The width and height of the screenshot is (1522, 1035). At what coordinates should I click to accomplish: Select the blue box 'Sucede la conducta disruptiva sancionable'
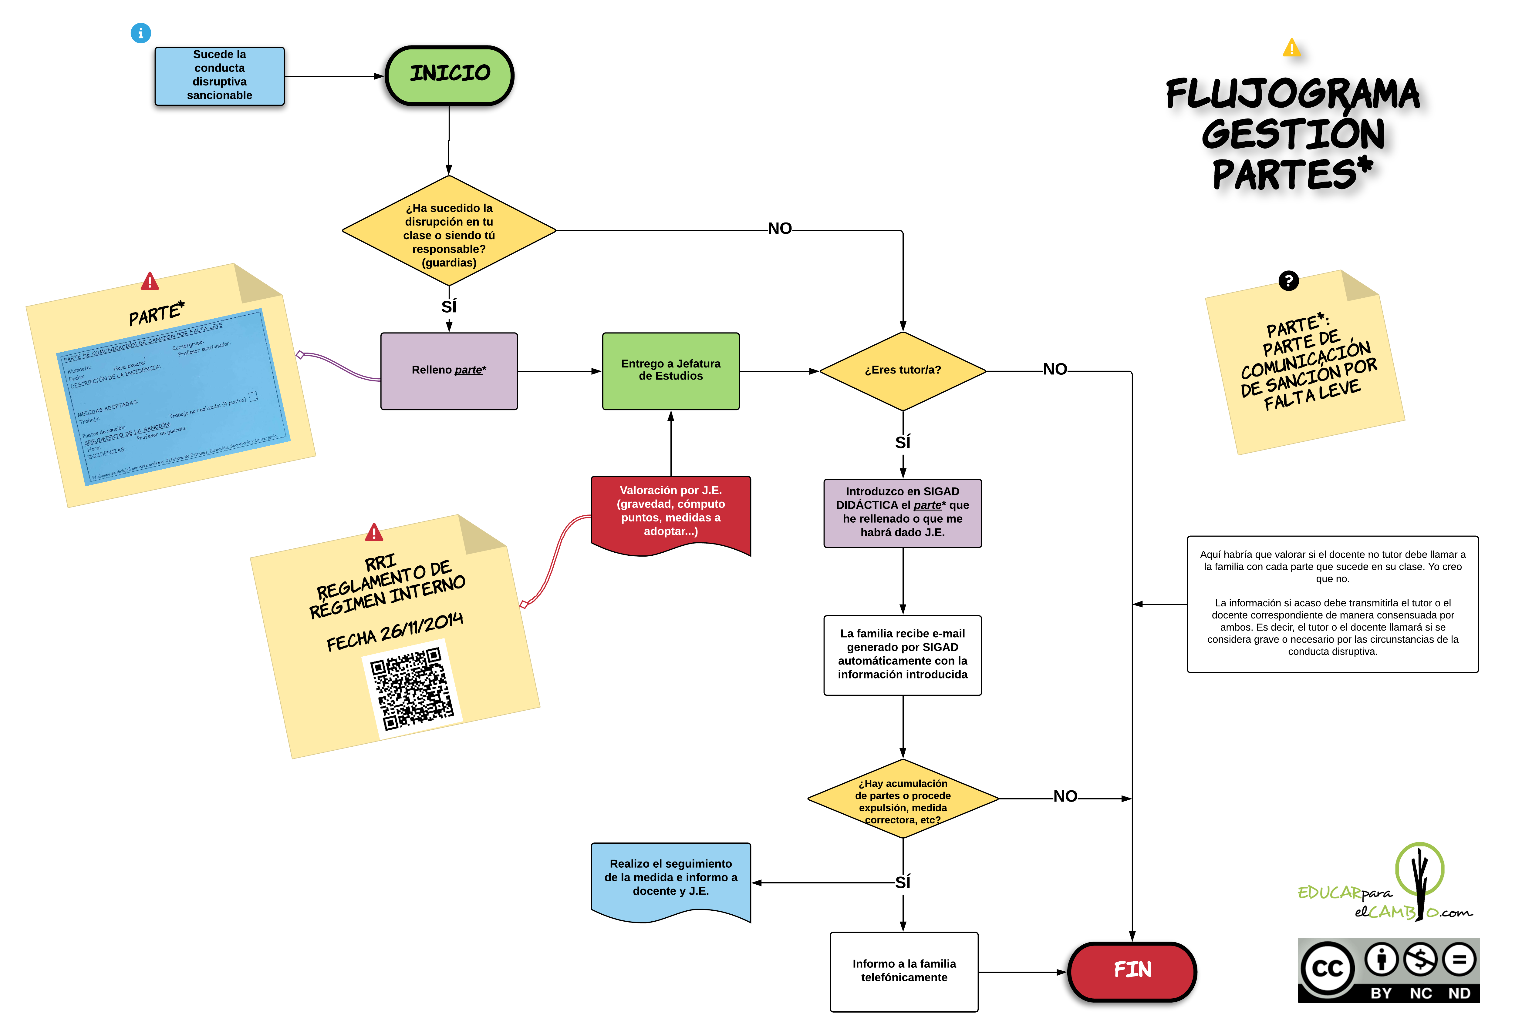219,75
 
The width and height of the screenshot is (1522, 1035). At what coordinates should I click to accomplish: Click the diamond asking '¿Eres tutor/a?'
903,370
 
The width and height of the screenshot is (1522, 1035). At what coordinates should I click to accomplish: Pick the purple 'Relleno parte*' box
449,370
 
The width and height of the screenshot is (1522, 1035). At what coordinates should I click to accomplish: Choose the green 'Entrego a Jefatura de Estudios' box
671,370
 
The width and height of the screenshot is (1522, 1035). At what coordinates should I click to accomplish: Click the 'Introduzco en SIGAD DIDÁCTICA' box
903,513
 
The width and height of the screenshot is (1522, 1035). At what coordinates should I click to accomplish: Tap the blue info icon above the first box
141,33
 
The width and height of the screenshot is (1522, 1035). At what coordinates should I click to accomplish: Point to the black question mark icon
1288,281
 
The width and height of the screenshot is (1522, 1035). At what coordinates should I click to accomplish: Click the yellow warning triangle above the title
1291,48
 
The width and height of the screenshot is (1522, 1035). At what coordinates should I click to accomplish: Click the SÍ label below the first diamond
449,306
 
